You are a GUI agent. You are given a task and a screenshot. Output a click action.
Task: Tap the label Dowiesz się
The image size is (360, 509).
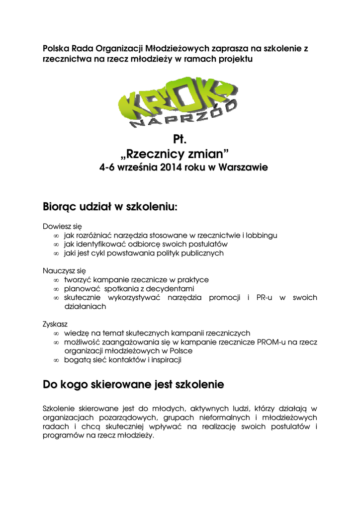pyautogui.click(x=62, y=226)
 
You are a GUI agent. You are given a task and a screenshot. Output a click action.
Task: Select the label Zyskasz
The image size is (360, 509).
pyautogui.click(x=55, y=324)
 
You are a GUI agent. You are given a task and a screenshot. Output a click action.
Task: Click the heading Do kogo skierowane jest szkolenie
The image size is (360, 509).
pyautogui.click(x=133, y=385)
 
